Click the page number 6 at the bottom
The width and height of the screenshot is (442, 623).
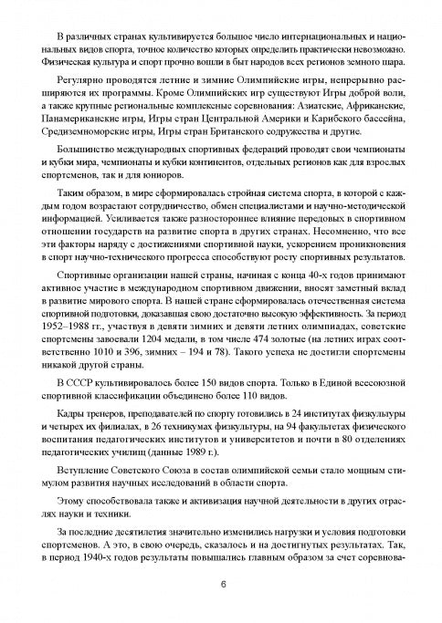point(221,585)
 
